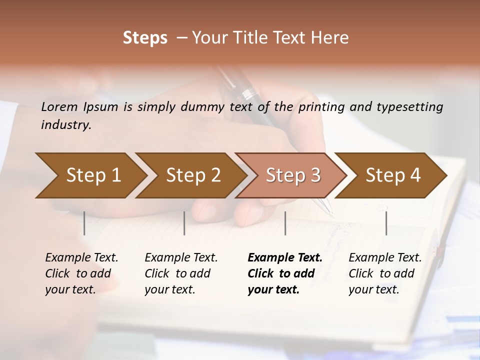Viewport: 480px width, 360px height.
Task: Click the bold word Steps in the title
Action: (145, 38)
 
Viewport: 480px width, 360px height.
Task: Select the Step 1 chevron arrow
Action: (90, 175)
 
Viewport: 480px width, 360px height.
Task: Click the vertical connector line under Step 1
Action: (84, 223)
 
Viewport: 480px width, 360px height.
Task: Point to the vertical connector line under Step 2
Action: (184, 223)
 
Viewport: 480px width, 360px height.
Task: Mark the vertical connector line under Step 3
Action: (285, 223)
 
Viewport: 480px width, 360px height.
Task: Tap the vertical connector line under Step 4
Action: (386, 223)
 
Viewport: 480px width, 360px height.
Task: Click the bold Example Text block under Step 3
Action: (285, 273)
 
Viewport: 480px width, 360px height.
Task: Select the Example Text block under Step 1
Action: (81, 273)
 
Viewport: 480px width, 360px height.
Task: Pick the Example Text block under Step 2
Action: (181, 273)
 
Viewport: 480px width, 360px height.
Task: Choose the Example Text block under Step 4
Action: (385, 273)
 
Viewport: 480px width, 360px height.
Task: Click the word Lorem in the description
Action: (59, 106)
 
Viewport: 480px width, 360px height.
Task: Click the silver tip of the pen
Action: (328, 210)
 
